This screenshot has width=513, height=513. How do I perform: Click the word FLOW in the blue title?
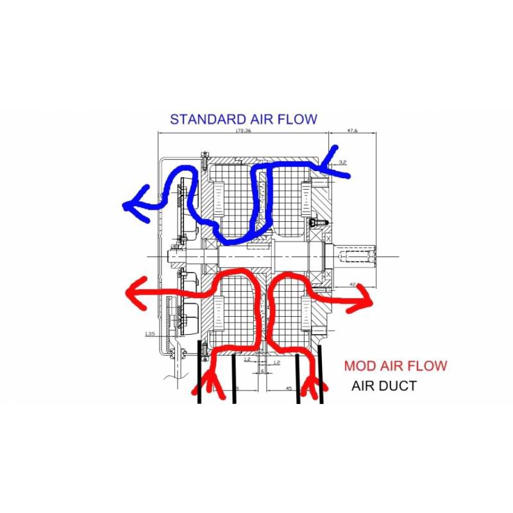pyautogui.click(x=298, y=119)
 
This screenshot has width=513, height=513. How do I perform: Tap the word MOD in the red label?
pyautogui.click(x=360, y=366)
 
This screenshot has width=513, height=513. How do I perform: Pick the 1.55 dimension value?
pyautogui.click(x=149, y=333)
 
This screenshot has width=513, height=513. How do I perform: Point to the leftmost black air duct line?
pyautogui.click(x=200, y=378)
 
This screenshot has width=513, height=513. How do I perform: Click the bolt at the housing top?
pyautogui.click(x=204, y=156)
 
